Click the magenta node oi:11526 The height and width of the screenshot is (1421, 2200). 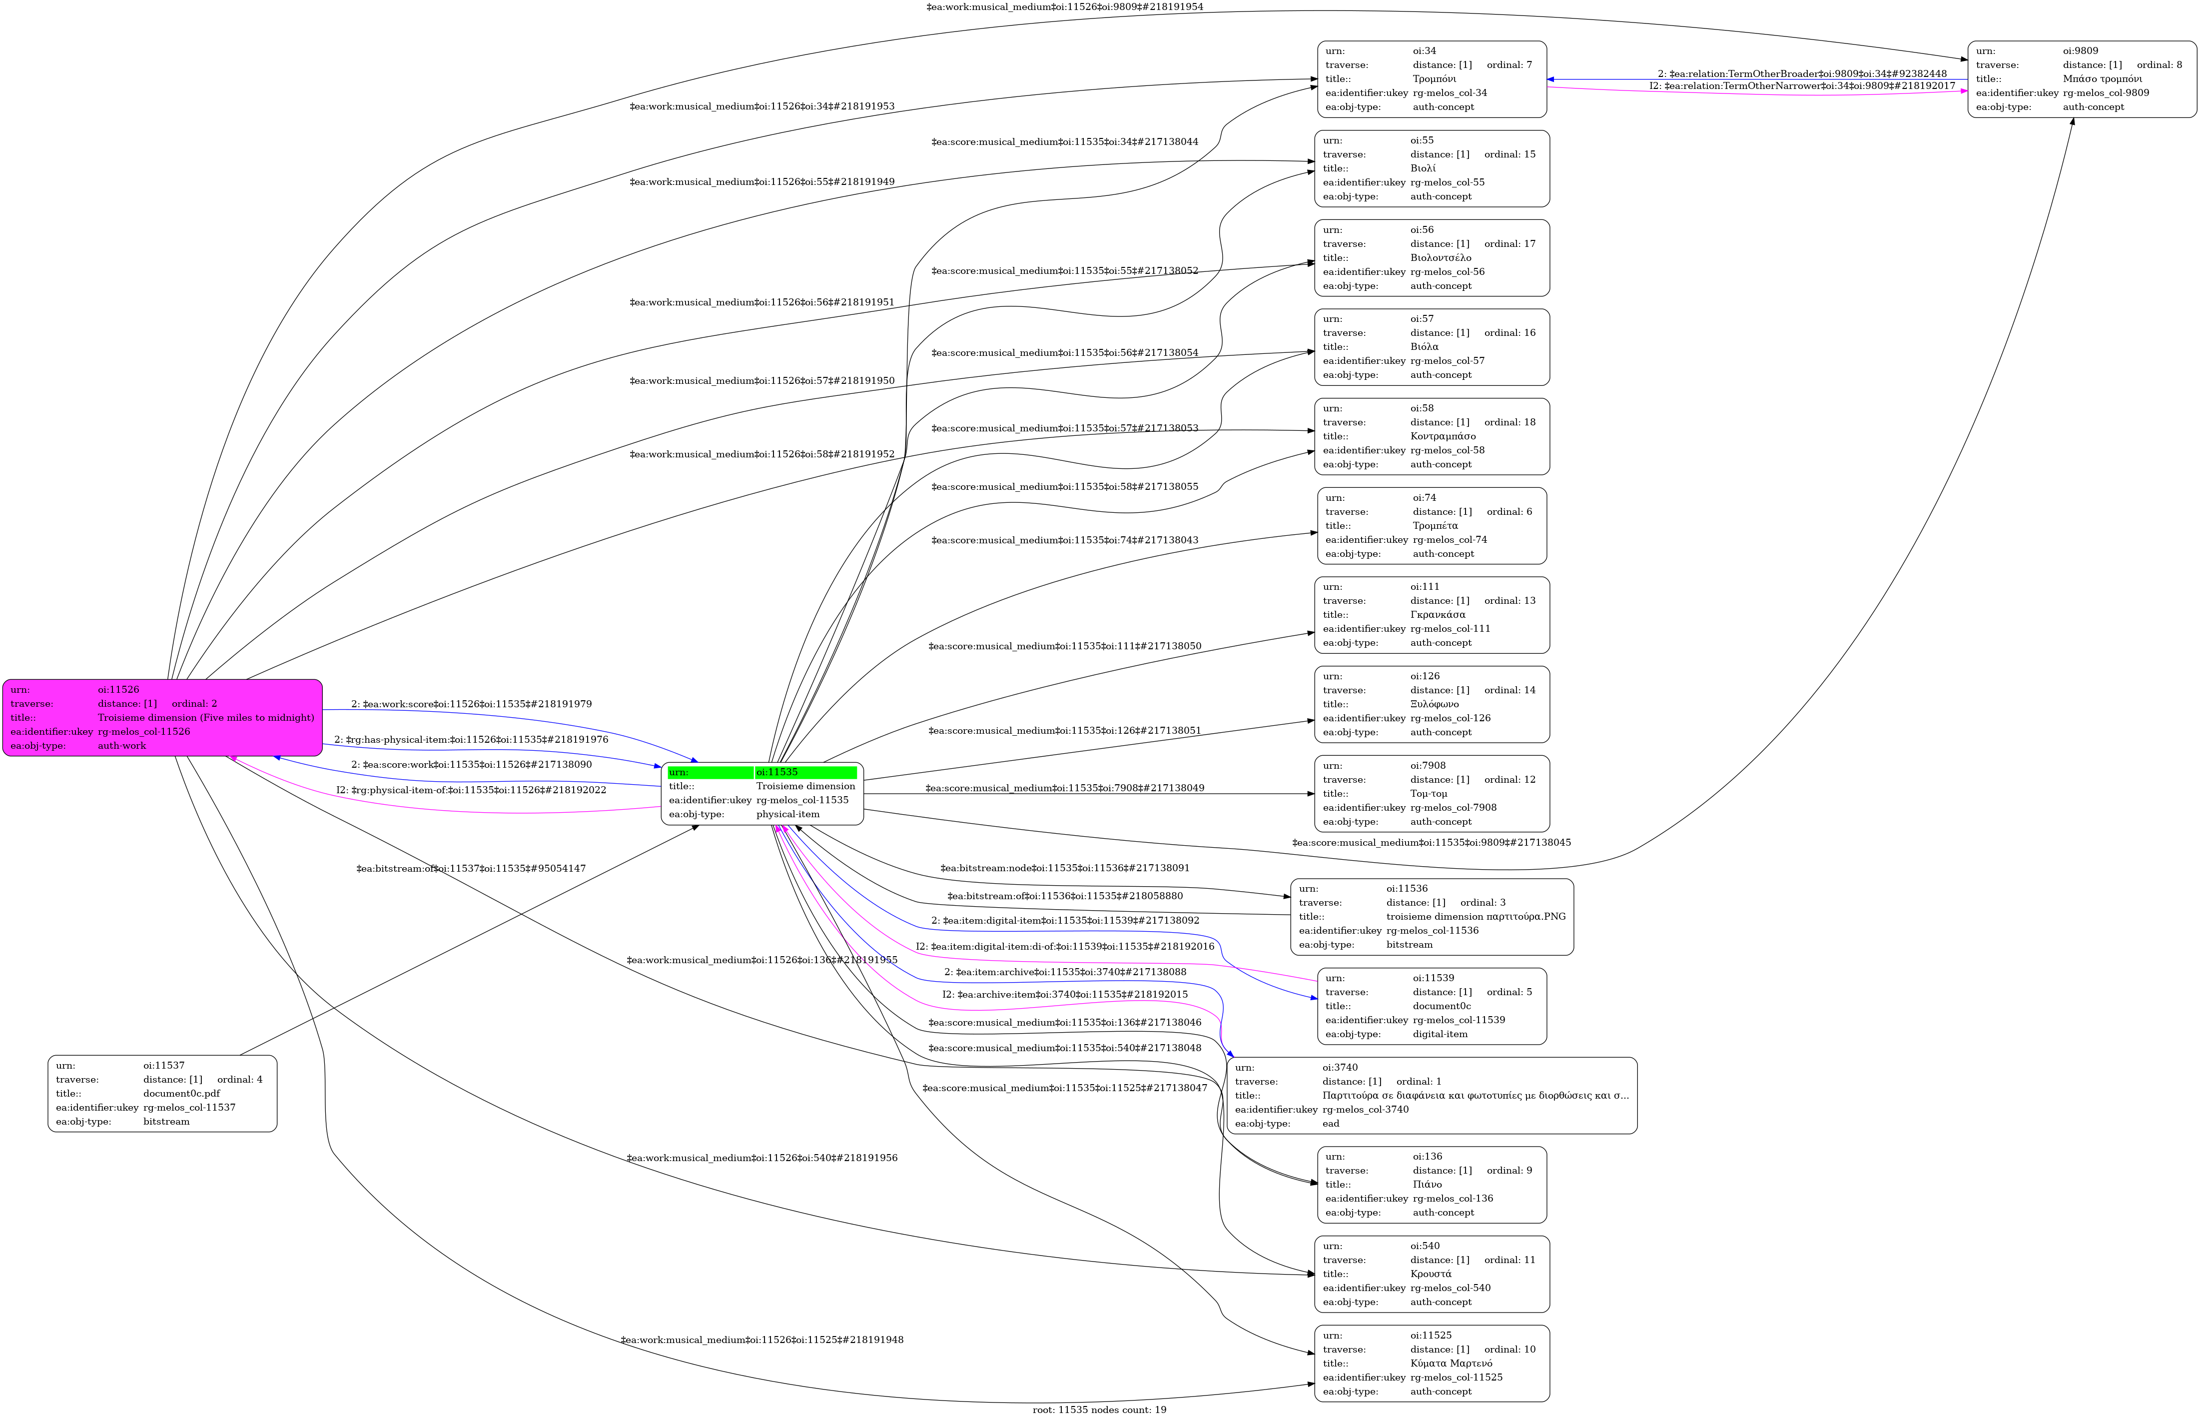coord(162,718)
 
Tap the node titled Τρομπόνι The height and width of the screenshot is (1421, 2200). coord(1432,79)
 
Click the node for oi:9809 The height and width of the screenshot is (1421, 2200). coord(2082,79)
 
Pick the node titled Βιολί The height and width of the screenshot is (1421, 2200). coord(1432,169)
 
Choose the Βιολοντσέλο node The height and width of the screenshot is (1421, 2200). coord(1432,258)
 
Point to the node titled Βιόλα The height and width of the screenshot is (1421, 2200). coord(1432,347)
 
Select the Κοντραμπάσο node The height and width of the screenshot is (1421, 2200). coord(1432,436)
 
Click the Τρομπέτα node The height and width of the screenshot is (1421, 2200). coord(1432,526)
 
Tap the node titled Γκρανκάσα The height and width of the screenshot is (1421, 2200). coord(1432,615)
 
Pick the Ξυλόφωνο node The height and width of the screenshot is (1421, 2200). coord(1432,704)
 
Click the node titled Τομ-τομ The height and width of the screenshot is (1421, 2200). coord(1432,794)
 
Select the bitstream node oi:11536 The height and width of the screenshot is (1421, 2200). coord(1432,916)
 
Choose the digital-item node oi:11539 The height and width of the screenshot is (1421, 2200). coord(1432,1006)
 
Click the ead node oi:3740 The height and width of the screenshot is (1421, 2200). coord(1432,1095)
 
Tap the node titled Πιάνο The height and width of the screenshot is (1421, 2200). coord(1432,1185)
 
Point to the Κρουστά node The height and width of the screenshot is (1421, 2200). coord(1432,1274)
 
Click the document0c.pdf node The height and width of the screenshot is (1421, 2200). coord(162,1094)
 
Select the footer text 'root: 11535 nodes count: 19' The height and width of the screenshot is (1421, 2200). coord(1099,1410)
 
